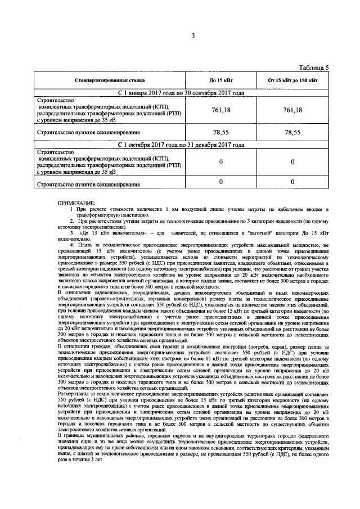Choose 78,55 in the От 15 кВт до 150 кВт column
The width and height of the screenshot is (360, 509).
[x=292, y=133]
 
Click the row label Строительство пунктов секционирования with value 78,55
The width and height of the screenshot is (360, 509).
[x=88, y=133]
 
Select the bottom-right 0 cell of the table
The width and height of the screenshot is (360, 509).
[x=292, y=182]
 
